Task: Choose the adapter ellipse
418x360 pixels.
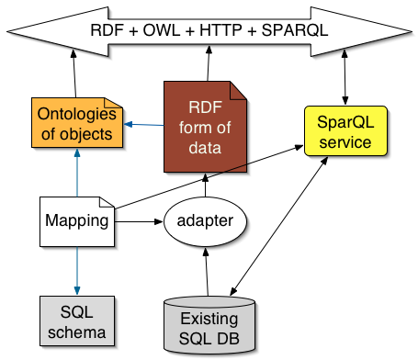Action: (x=207, y=221)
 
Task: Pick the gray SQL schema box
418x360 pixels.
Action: (x=76, y=319)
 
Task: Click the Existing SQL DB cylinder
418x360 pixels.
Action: (x=209, y=326)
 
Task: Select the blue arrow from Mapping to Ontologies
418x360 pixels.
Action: (x=76, y=174)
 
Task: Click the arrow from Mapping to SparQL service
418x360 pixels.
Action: (x=211, y=176)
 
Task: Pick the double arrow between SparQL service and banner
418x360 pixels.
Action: (x=345, y=82)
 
